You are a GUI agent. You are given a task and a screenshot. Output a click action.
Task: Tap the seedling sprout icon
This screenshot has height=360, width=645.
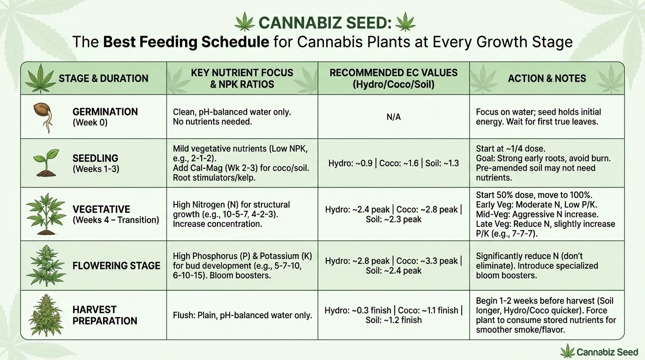coord(45,163)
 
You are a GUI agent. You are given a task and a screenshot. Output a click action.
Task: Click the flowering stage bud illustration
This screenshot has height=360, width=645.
coord(46,265)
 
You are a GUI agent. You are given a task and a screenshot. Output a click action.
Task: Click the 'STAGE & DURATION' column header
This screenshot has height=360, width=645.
coord(103,78)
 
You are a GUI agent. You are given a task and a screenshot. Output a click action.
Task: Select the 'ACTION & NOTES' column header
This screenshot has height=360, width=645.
coord(547,78)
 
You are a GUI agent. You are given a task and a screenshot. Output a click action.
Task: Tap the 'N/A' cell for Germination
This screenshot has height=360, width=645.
coord(394,117)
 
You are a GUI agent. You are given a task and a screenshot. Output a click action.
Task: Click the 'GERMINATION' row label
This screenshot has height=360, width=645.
coord(105,112)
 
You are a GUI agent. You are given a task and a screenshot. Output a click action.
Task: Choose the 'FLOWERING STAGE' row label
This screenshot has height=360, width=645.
coord(116,266)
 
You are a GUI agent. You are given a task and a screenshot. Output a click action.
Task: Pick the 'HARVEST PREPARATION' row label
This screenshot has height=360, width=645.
coord(105,315)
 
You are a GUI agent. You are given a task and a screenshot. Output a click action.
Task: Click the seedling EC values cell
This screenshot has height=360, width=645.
coord(394,163)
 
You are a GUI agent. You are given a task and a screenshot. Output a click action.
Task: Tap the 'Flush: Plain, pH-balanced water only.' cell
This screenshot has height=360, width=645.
coord(242,315)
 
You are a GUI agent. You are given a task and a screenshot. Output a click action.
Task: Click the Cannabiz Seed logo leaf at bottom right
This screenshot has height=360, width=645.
coord(568,351)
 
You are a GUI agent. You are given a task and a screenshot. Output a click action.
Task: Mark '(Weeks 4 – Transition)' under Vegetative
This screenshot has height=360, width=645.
coord(116,220)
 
